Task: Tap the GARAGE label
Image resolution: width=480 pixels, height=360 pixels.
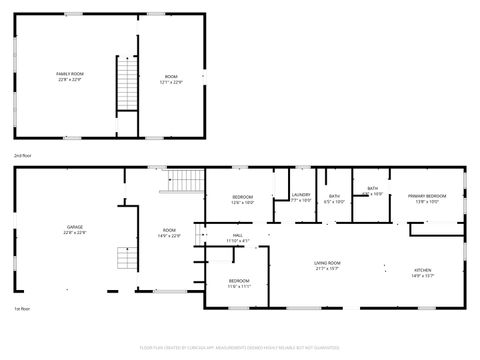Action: click(75, 227)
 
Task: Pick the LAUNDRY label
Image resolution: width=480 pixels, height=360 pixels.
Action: click(301, 195)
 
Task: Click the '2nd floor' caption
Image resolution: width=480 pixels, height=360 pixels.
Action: click(22, 156)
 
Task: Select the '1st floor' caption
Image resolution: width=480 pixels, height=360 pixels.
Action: click(21, 308)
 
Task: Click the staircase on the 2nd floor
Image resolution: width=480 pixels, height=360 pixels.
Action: click(126, 84)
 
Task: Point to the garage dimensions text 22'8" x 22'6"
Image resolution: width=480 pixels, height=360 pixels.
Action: click(75, 233)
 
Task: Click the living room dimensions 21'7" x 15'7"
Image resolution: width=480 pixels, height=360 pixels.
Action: click(327, 268)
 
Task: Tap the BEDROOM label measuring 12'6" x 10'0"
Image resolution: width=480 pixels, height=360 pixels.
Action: click(243, 196)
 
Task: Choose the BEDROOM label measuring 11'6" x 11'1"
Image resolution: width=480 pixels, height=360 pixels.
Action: click(239, 282)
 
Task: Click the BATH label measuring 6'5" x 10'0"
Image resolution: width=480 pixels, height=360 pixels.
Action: click(335, 196)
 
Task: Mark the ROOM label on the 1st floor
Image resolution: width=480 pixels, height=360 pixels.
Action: click(170, 230)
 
